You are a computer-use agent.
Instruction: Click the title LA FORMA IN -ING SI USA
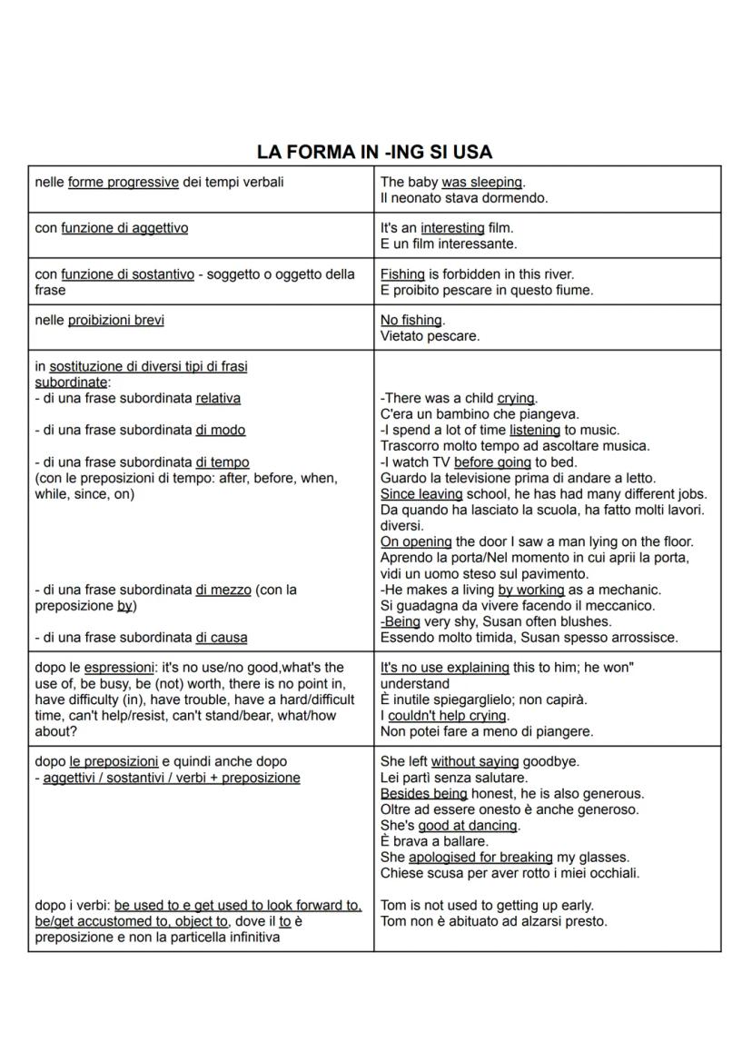click(374, 152)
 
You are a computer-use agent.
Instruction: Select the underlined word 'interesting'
click(452, 228)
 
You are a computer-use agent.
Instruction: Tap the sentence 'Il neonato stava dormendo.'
click(463, 198)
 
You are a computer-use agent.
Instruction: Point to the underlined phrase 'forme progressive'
click(124, 183)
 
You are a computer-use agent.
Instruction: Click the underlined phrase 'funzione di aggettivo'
click(124, 228)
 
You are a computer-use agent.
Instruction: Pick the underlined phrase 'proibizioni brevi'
click(116, 320)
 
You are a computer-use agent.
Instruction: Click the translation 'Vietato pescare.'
click(430, 336)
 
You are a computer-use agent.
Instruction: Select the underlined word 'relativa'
click(218, 398)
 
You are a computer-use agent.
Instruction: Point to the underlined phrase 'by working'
click(531, 590)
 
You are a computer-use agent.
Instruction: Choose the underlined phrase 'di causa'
click(222, 638)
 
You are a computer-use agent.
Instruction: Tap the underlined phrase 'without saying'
click(474, 761)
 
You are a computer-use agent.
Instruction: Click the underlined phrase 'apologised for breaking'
click(480, 858)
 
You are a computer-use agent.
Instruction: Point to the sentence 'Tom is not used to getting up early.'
click(487, 906)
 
